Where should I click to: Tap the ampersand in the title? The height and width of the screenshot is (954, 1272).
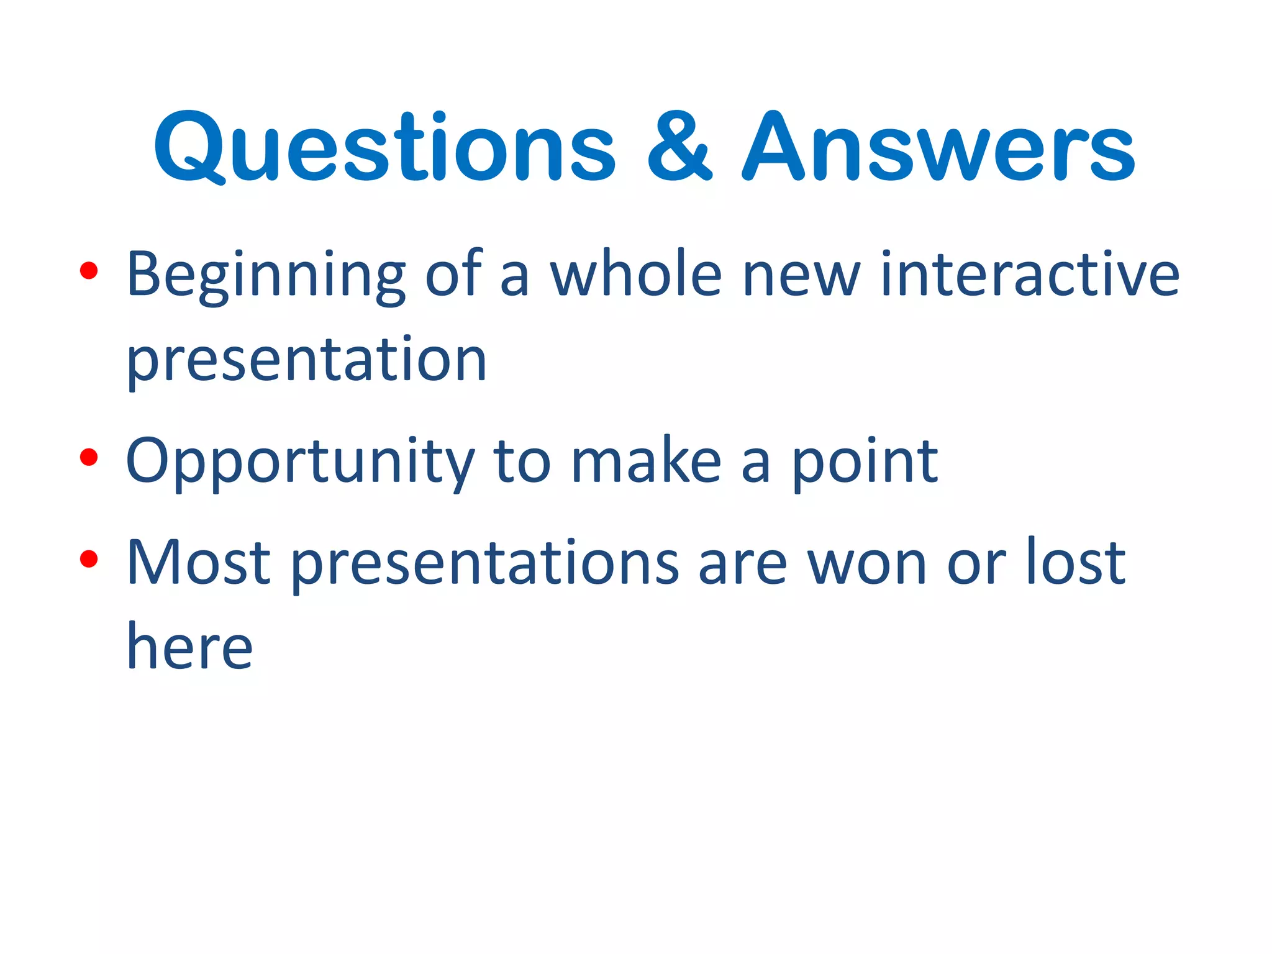click(679, 147)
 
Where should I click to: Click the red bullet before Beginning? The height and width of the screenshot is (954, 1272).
click(89, 271)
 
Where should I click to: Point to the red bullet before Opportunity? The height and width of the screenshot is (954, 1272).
click(89, 458)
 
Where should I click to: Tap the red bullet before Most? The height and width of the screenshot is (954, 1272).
click(89, 559)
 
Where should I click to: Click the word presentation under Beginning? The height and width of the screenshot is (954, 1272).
click(306, 361)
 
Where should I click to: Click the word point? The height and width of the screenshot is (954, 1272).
click(865, 462)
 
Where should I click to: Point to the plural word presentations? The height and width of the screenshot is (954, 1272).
click(485, 564)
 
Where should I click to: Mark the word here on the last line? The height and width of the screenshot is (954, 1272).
click(189, 647)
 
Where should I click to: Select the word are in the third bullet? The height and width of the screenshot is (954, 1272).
click(743, 564)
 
